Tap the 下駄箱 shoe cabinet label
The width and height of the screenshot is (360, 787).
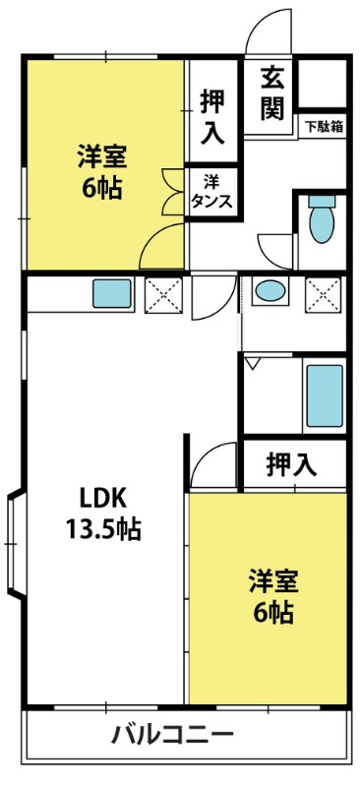pos(323,127)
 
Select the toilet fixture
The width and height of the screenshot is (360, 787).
pos(322,218)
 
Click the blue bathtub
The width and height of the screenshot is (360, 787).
pos(325,396)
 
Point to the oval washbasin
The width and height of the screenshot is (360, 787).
pos(270,290)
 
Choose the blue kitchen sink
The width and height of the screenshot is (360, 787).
pos(112,293)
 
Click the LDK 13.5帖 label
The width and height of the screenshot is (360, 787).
pos(104,514)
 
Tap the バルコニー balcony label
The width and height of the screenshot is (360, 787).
pos(172,736)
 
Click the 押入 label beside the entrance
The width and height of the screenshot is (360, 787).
pos(211,117)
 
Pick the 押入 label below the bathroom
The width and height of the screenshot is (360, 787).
pos(292,464)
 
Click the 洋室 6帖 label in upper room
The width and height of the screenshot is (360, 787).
pos(101,172)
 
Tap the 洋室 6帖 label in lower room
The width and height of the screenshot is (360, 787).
pos(273,596)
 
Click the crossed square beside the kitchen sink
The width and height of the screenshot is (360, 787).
pos(163,294)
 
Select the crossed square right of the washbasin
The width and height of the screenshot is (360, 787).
pos(324,294)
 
